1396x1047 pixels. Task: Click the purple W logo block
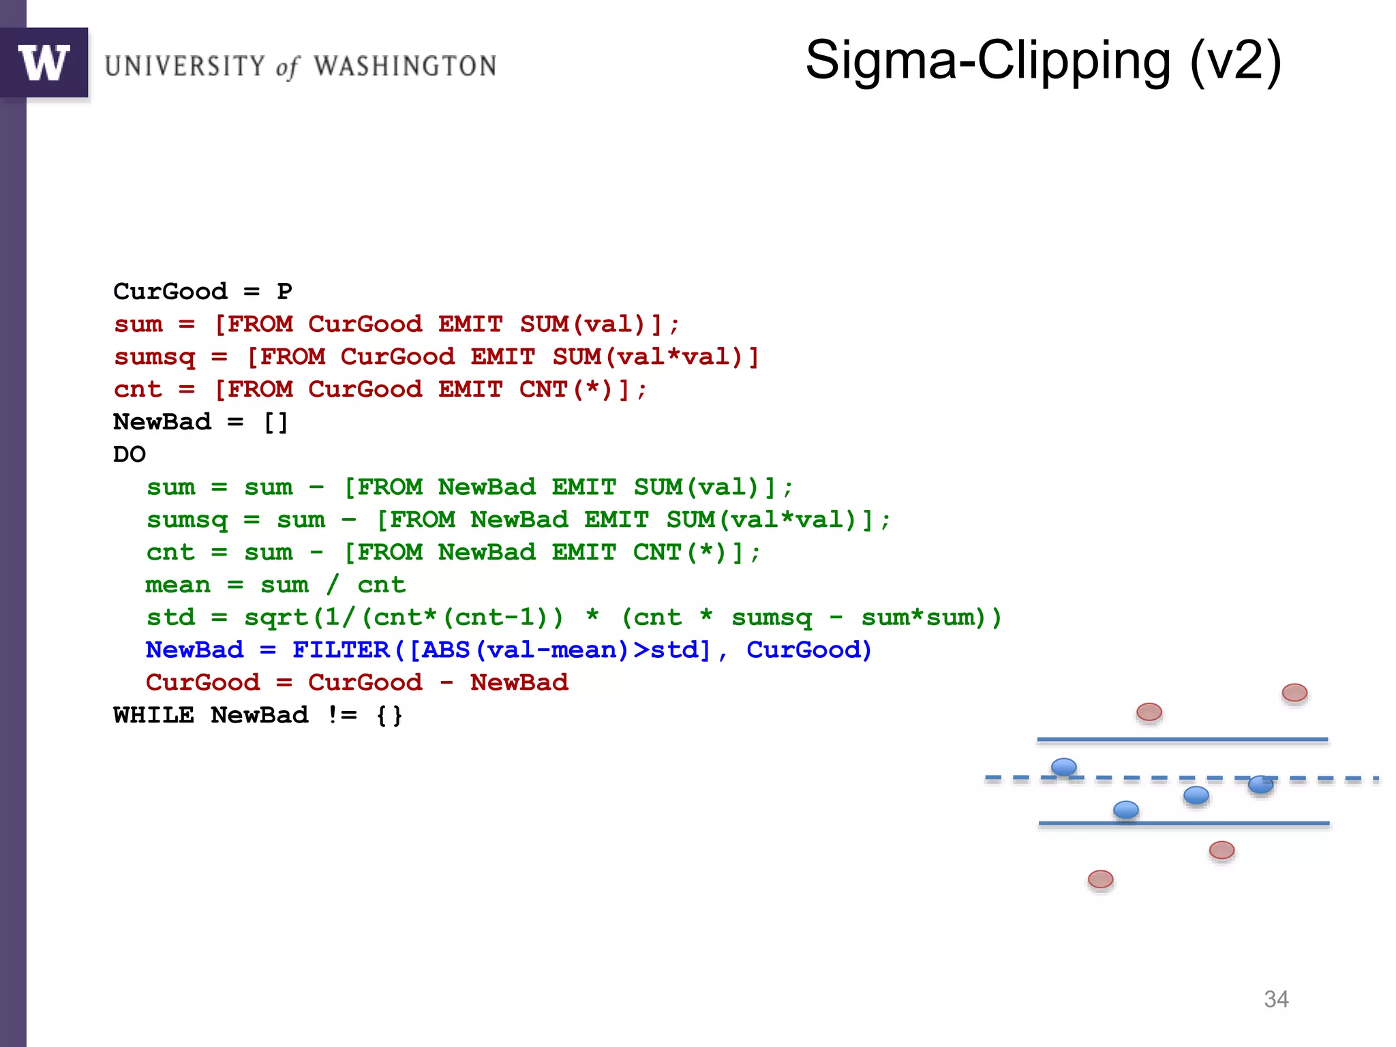44,63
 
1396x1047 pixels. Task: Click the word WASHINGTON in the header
405,66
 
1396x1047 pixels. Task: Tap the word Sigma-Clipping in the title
988,61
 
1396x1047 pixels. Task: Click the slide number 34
1276,999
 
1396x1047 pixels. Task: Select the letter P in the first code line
284,292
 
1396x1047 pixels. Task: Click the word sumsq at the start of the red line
155,357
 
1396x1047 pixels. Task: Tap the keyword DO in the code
130,455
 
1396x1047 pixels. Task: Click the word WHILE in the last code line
153,715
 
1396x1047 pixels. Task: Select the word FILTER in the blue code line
340,650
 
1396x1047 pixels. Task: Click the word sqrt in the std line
276,618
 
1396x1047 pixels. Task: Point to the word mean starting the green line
178,585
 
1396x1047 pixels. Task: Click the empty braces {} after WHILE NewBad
389,715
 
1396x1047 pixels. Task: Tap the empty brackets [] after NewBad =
276,422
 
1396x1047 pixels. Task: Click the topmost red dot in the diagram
1294,693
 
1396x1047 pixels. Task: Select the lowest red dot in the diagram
1100,879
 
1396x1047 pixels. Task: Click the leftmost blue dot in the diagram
1063,767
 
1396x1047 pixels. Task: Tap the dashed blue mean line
1159,778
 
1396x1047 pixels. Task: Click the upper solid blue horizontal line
1182,739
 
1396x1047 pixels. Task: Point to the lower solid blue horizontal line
1183,823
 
